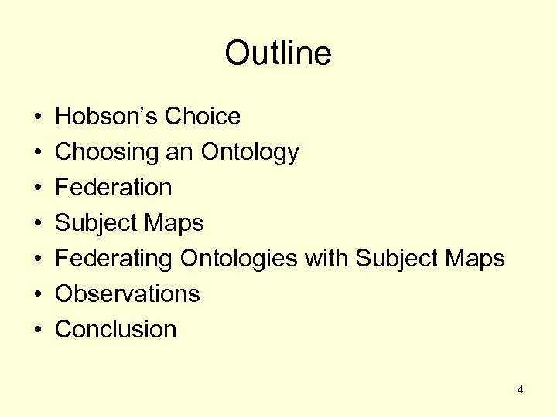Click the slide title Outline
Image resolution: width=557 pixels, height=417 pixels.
tap(278, 54)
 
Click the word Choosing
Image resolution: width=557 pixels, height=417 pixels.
tap(107, 152)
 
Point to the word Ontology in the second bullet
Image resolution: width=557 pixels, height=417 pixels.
tap(250, 152)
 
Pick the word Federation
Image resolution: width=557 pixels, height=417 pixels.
tap(114, 188)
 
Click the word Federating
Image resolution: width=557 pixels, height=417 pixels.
tap(114, 259)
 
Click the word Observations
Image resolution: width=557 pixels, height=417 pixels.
tap(128, 294)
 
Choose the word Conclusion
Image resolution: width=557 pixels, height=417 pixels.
tap(116, 330)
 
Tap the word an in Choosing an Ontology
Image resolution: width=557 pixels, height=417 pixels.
tap(180, 152)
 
